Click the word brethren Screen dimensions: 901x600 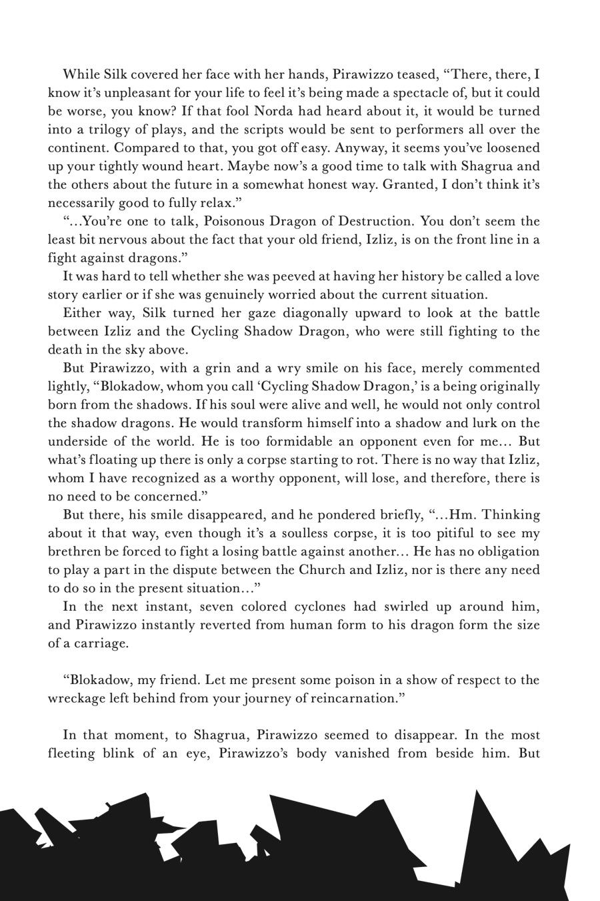point(77,552)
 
